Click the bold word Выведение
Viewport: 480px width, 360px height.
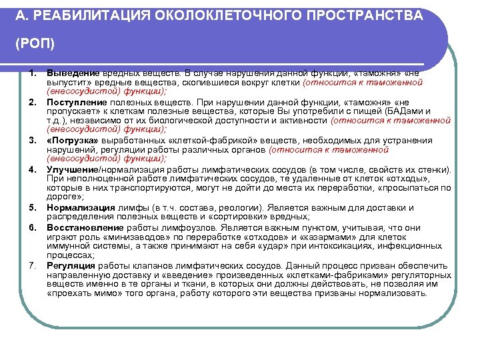(x=73, y=73)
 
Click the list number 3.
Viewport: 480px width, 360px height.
(x=32, y=141)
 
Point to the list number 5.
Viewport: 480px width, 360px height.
(x=32, y=207)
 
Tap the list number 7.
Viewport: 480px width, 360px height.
(x=32, y=265)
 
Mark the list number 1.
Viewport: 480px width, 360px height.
(x=32, y=73)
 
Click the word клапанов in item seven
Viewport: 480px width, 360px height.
(x=138, y=265)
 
